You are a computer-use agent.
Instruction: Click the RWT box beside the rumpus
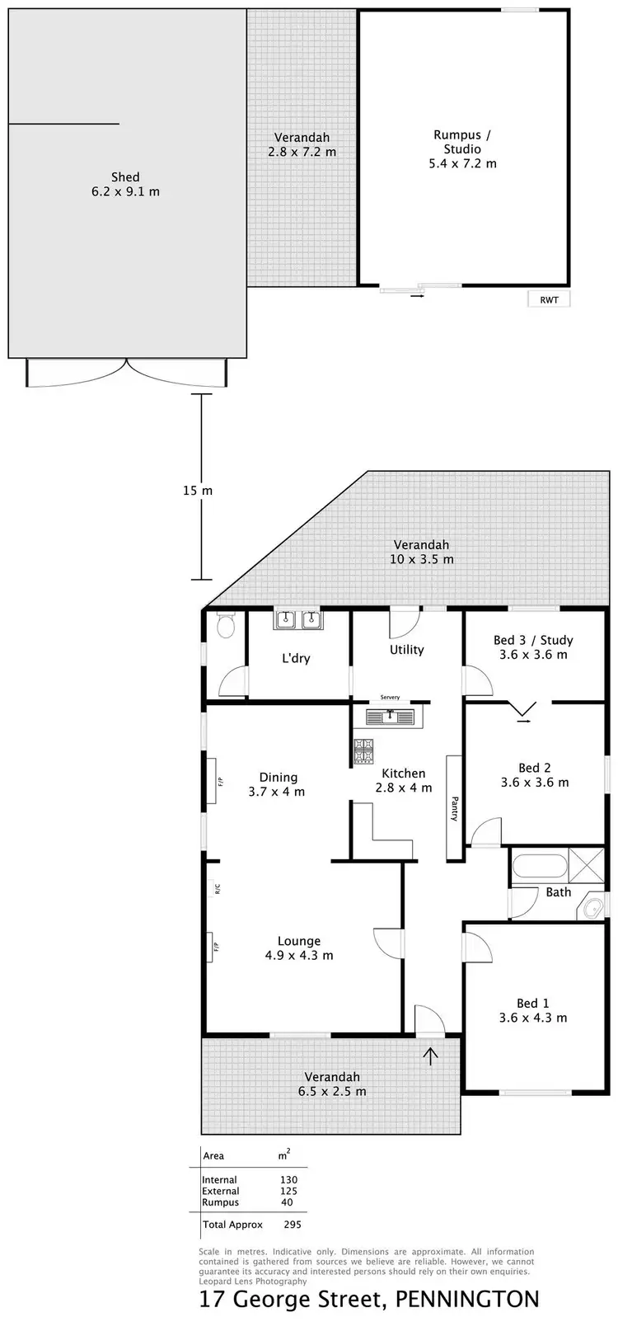pos(548,300)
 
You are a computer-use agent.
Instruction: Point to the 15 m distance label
pos(197,491)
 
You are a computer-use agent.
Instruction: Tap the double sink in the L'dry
pos(298,620)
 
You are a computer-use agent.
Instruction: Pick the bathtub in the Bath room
pos(540,867)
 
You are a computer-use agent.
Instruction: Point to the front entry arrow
pos(430,1056)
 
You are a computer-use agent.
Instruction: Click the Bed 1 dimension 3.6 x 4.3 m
pos(532,1018)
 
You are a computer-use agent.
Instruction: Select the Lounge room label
pos(298,941)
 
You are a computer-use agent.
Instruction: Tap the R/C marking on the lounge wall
pos(218,889)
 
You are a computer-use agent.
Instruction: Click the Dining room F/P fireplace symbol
pos(220,780)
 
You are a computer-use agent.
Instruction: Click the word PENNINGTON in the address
pos(467,1300)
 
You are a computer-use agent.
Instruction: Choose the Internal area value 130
pos(288,1180)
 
